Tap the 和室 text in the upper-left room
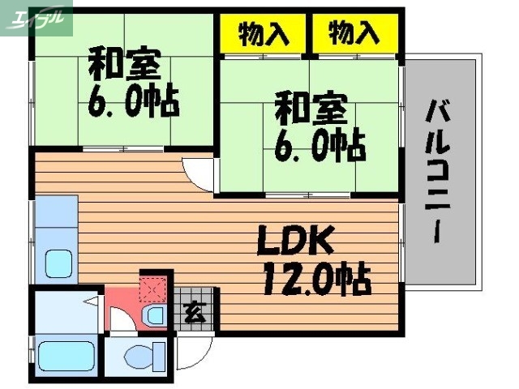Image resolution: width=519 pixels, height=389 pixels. coord(124,64)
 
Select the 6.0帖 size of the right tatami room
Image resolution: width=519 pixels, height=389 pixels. coord(321,145)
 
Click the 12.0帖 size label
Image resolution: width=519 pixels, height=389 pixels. coord(316,280)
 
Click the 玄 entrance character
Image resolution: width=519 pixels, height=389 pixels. coord(194,310)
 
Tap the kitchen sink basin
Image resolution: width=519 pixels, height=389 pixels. coord(58,264)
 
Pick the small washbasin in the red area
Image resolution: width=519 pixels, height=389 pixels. coord(153,314)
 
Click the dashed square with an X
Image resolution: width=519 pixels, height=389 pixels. coord(153,289)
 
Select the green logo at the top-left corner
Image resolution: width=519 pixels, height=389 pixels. coord(36,18)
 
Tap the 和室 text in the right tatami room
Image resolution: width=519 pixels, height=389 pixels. coord(311,106)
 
